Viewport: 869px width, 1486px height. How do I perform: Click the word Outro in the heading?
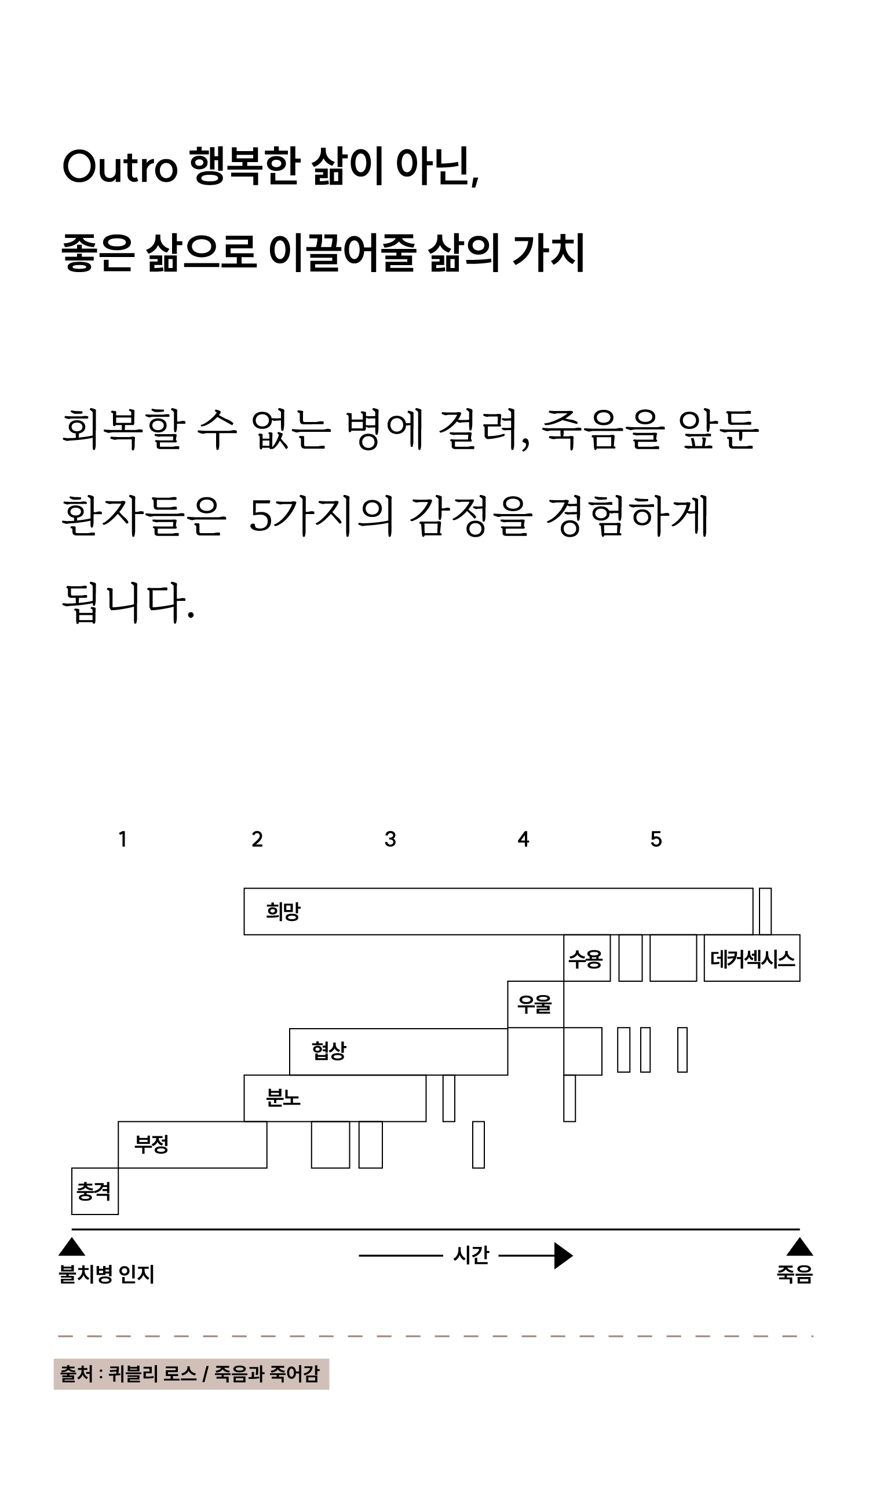click(120, 167)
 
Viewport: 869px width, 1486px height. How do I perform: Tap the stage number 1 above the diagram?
click(123, 839)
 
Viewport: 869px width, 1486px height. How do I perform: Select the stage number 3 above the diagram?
click(390, 839)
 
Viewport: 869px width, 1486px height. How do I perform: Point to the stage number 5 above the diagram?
click(656, 839)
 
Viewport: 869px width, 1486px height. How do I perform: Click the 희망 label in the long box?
click(283, 911)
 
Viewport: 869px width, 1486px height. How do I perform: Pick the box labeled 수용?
click(586, 959)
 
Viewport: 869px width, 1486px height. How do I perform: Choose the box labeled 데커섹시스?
click(752, 959)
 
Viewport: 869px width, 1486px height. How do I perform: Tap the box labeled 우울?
click(535, 1004)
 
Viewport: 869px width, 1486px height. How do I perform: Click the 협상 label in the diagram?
click(329, 1050)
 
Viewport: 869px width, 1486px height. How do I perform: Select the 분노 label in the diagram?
click(283, 1098)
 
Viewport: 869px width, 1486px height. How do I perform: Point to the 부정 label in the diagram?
click(152, 1144)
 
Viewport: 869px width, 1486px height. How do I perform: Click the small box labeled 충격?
click(94, 1191)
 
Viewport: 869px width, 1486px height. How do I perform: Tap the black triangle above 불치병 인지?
click(72, 1246)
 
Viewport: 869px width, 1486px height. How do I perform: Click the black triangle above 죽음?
click(799, 1246)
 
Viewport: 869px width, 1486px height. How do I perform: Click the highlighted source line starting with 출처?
click(191, 1374)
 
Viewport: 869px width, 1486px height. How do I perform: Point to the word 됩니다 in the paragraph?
click(127, 603)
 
